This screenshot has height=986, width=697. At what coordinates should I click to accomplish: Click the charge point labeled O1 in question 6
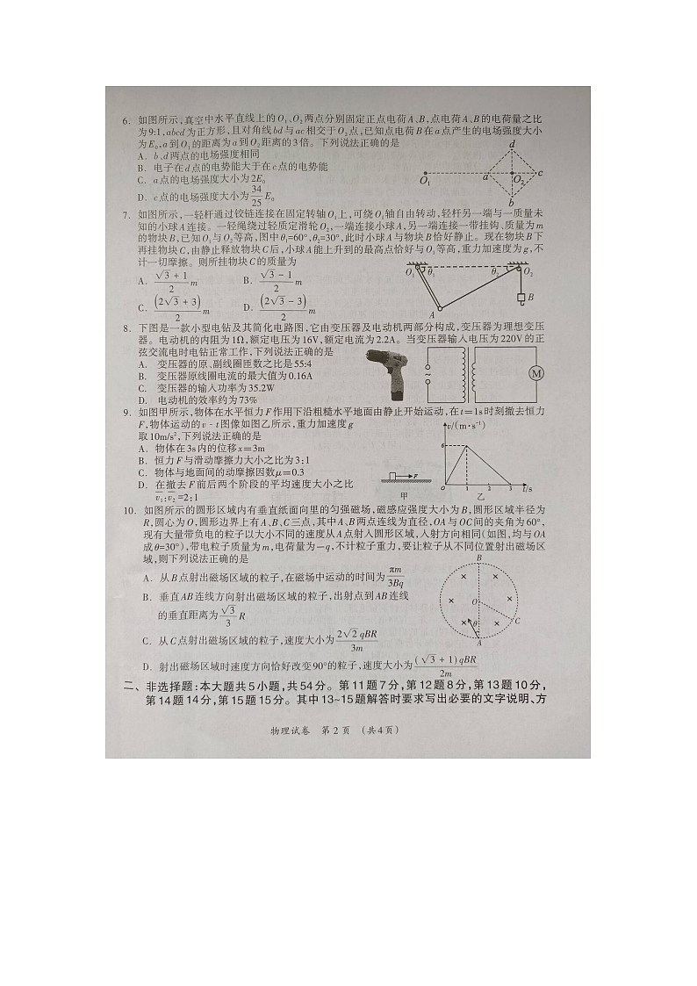[424, 174]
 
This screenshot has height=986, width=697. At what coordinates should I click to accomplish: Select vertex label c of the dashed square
[541, 173]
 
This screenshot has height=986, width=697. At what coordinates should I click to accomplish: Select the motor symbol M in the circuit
[535, 373]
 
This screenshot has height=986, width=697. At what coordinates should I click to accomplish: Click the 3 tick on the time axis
[510, 487]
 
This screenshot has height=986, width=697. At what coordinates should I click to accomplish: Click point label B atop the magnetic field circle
[478, 558]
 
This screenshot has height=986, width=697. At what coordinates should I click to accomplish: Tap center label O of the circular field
[473, 602]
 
